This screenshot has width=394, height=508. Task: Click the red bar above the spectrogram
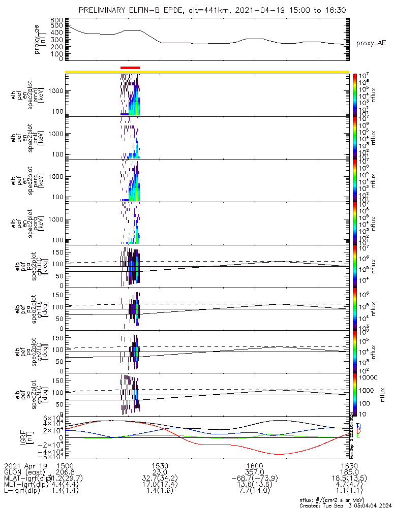(x=130, y=67)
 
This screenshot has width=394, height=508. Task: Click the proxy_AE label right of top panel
(x=371, y=44)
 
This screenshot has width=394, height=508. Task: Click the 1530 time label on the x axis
(x=160, y=465)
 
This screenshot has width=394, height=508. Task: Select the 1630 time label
(x=348, y=465)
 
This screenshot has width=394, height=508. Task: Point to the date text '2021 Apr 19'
(x=25, y=465)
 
